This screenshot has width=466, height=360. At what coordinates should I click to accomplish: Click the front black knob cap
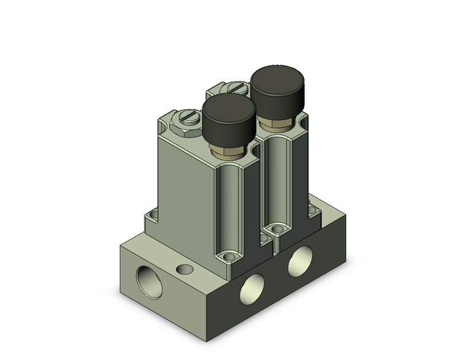229,117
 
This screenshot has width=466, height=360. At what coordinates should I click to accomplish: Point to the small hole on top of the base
183,268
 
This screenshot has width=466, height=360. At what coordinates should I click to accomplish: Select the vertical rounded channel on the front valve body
231,202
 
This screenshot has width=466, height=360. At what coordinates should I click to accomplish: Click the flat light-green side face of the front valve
184,190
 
